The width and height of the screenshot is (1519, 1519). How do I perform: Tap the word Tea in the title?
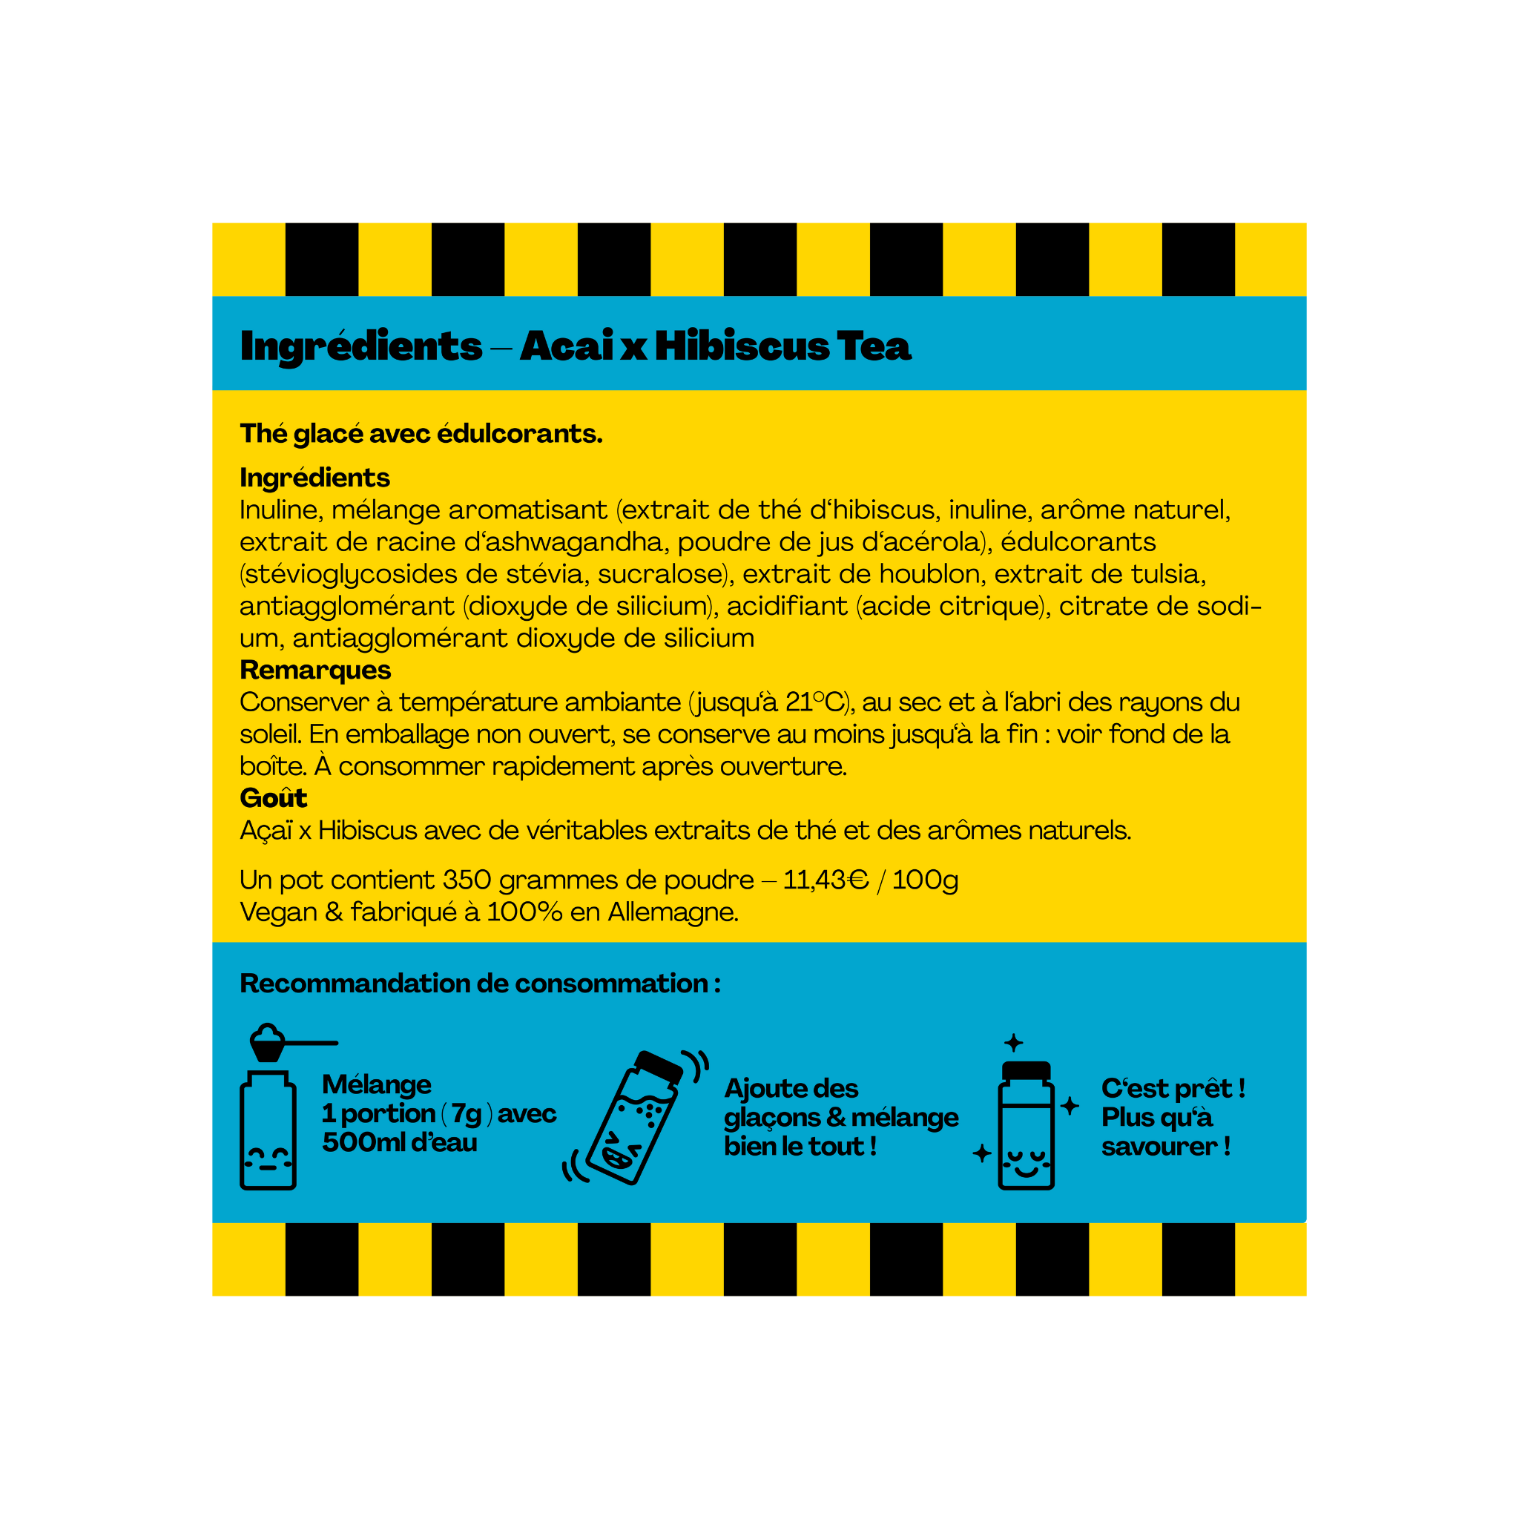(x=874, y=346)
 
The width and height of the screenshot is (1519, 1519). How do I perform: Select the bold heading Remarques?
(x=314, y=670)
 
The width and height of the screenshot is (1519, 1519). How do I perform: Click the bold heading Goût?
(x=273, y=798)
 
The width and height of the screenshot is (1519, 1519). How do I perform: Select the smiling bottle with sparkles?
(x=1025, y=1126)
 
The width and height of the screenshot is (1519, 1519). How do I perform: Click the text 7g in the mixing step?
(x=467, y=1113)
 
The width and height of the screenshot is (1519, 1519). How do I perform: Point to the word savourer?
(x=1159, y=1147)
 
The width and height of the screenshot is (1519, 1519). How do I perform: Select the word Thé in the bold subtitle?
(x=263, y=433)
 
